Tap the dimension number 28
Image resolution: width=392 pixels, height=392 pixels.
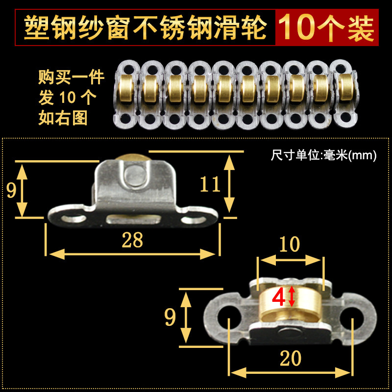(x=132, y=240)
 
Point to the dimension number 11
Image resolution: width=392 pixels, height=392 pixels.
(x=210, y=184)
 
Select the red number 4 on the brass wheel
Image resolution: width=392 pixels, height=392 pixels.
(x=278, y=297)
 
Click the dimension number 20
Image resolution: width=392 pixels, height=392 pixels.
(x=291, y=359)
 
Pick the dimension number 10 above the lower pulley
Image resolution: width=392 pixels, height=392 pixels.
(x=290, y=244)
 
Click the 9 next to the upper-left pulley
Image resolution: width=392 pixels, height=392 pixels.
(x=11, y=190)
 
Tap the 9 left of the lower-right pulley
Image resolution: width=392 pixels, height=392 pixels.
(x=170, y=318)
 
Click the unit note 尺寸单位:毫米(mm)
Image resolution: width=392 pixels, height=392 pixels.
(x=323, y=156)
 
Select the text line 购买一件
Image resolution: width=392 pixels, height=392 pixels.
(x=71, y=78)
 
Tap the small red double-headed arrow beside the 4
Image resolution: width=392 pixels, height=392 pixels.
(x=292, y=297)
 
